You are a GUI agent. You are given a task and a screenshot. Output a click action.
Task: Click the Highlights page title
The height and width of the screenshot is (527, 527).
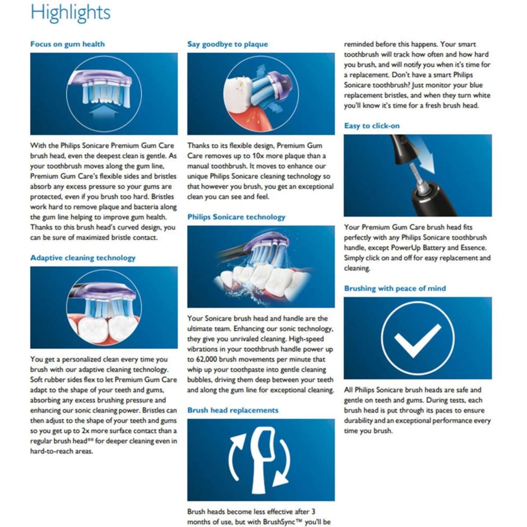pos(70,13)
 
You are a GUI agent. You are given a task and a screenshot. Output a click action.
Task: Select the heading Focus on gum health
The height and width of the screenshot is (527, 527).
pos(68,44)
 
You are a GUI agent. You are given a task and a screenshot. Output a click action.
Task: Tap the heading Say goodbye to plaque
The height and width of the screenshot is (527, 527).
pos(227,44)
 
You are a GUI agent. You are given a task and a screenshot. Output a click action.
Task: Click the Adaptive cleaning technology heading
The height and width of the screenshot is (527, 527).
pos(83,258)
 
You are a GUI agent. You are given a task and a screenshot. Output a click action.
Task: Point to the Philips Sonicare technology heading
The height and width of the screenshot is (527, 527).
pos(236,217)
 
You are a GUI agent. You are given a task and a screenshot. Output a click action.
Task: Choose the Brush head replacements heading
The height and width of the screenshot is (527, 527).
pos(233,410)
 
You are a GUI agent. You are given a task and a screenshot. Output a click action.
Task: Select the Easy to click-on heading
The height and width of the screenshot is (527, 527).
pos(372,126)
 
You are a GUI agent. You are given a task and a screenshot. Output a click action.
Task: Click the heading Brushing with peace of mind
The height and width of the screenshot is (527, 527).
pos(395,288)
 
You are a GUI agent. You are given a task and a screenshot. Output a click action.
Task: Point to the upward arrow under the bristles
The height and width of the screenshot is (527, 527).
pos(104,111)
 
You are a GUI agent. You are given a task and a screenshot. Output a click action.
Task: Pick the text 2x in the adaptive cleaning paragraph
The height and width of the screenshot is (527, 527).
pos(85,431)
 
